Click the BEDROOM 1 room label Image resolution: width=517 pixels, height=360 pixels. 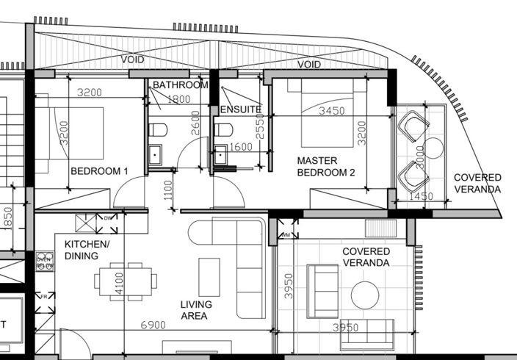click(99, 171)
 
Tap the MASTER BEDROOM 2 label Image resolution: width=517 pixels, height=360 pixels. click(326, 166)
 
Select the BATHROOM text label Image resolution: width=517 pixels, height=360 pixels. click(180, 85)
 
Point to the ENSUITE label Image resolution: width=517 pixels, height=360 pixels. click(240, 109)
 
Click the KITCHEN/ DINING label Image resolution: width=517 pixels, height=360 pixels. click(87, 250)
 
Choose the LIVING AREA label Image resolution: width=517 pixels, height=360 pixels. click(196, 310)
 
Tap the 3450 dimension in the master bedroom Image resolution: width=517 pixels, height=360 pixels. click(330, 111)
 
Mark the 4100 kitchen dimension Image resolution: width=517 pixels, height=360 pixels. click(119, 284)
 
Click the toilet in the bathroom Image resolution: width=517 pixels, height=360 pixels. click(158, 131)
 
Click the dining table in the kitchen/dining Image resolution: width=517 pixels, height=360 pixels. click(125, 280)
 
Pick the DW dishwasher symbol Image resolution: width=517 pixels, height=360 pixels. click(107, 218)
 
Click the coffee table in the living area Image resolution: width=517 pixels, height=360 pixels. click(209, 276)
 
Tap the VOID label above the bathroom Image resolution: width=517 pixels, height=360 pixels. click(133, 60)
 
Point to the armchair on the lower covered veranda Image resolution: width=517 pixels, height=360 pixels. click(322, 291)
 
